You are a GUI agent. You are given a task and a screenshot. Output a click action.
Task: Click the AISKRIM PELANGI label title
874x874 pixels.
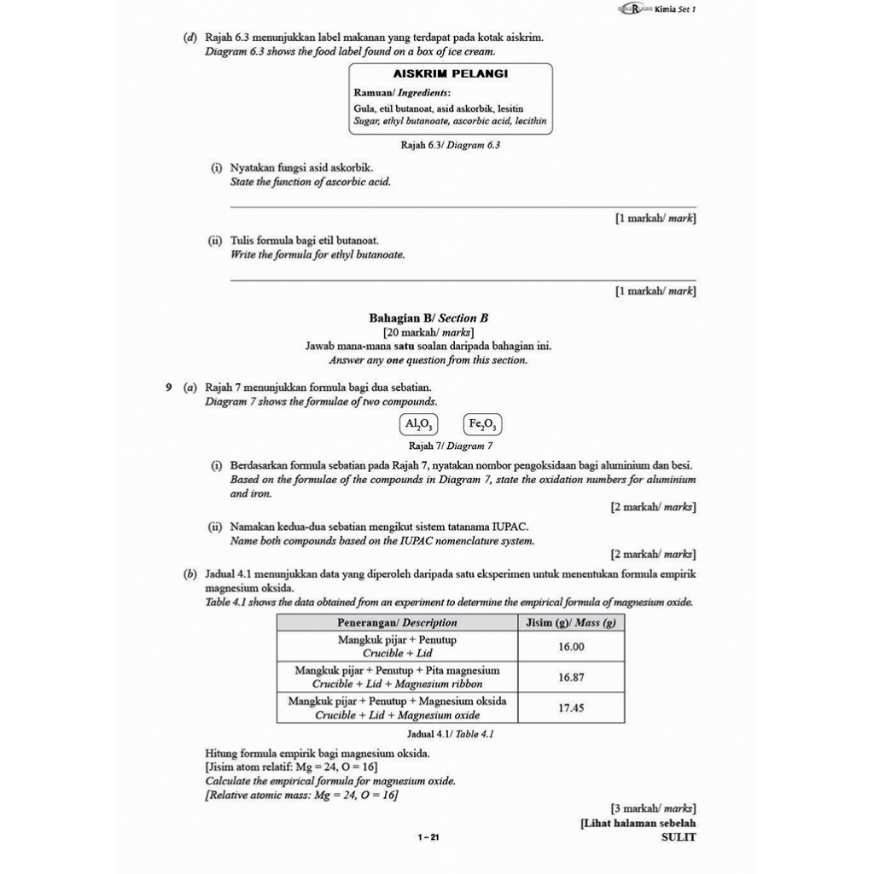coord(450,73)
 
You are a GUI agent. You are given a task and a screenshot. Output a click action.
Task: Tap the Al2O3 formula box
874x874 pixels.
coord(418,424)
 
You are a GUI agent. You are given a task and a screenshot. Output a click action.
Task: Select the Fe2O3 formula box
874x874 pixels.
coord(483,424)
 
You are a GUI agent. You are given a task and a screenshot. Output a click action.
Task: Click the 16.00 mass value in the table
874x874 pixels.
coord(571,647)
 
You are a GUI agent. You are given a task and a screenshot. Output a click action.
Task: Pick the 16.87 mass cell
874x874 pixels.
coord(571,677)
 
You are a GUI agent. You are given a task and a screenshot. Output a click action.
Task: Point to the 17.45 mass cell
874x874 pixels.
coord(571,708)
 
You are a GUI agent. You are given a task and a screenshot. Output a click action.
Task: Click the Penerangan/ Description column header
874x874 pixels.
coord(397,623)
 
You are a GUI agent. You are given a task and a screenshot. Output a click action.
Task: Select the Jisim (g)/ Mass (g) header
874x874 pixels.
coord(571,623)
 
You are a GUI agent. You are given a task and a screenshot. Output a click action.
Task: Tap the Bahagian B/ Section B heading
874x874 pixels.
coord(428,318)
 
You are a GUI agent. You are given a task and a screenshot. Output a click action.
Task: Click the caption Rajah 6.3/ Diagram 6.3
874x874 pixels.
coord(450,145)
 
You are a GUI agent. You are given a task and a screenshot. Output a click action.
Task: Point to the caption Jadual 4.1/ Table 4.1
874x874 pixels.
coord(451,733)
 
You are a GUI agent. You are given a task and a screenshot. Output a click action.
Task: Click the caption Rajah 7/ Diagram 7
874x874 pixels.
coord(451,446)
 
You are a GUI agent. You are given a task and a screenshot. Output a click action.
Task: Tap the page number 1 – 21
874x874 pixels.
coord(428,838)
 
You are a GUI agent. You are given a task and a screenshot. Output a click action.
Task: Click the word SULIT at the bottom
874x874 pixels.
coord(679,837)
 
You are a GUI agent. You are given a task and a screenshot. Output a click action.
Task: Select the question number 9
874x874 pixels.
coord(169,387)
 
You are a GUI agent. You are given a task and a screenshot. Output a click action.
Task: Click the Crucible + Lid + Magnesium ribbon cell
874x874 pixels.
coord(397,678)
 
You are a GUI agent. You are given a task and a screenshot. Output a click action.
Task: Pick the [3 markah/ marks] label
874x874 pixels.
coord(653,807)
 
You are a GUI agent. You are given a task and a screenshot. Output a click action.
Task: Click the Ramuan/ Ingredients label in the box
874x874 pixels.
coord(402,93)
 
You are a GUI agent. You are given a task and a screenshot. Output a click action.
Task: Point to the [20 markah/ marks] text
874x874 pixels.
coord(428,332)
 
